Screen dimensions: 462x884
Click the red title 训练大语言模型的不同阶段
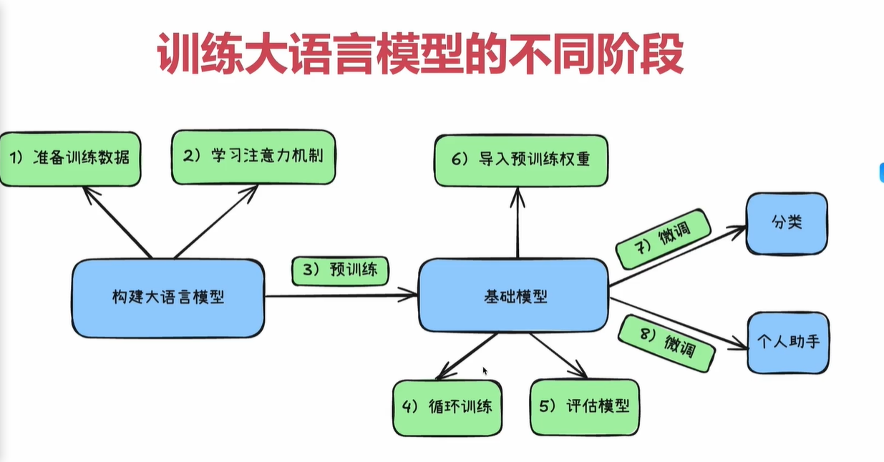coord(419,54)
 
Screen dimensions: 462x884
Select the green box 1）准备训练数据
coord(70,158)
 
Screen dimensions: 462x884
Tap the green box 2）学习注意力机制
coord(253,157)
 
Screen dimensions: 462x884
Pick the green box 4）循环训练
coord(447,408)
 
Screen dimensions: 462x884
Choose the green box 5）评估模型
coord(584,406)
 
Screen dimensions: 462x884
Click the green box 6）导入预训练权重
coord(521,159)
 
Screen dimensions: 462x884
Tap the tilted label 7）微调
coord(663,238)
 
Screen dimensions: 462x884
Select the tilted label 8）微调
coord(666,343)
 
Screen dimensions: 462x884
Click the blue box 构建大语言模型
coord(167,298)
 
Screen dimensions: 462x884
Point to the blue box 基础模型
coord(513,295)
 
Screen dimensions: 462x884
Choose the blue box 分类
coord(787,223)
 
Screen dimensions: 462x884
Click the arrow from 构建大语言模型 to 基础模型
coord(341,295)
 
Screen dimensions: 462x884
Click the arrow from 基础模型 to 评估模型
coord(558,355)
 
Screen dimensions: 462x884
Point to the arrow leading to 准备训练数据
coord(117,221)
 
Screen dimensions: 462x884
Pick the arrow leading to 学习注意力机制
coord(216,221)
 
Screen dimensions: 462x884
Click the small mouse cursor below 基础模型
coord(485,371)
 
